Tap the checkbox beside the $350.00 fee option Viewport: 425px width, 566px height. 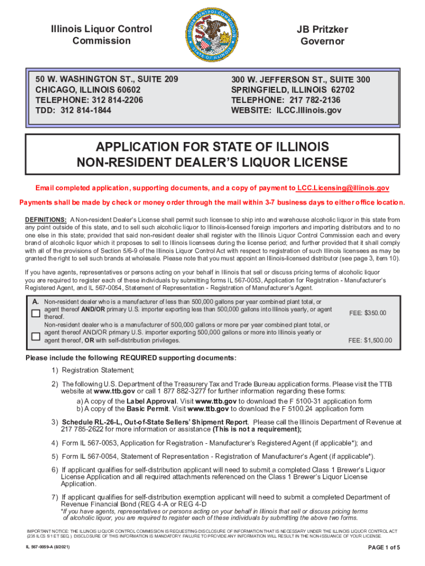(x=35, y=313)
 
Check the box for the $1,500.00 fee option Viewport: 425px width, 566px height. (x=35, y=336)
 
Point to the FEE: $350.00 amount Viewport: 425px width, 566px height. (x=368, y=313)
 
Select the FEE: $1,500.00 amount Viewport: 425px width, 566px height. (x=370, y=340)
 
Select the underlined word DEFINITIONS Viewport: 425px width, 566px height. (x=46, y=220)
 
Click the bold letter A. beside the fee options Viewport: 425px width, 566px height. (x=35, y=302)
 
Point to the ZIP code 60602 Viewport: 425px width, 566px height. (x=125, y=90)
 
